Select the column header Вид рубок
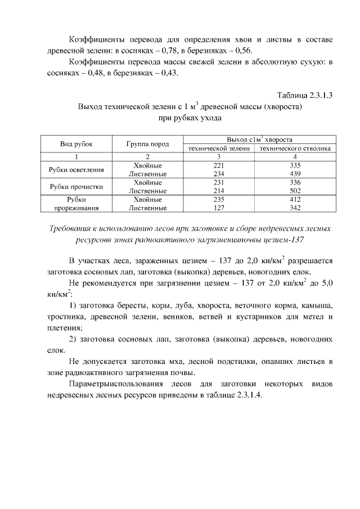(76, 144)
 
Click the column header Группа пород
(148, 144)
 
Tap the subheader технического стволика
(295, 148)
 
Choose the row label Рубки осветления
(76, 170)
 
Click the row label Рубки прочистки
(76, 187)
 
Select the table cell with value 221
(219, 165)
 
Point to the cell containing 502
(295, 191)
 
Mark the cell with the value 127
(219, 208)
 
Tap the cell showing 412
(295, 199)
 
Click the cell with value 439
(295, 174)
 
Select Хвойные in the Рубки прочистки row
(148, 183)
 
